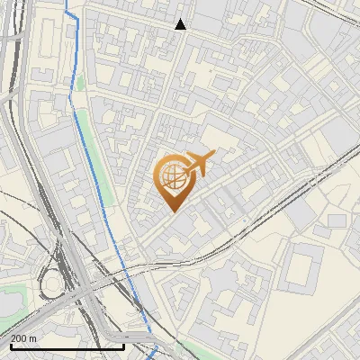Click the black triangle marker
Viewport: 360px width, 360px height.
(181, 24)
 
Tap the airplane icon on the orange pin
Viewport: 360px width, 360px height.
(199, 163)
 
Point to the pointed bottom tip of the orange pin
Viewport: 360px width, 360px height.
(172, 212)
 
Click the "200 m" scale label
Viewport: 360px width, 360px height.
(23, 338)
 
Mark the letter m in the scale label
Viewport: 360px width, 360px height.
(32, 338)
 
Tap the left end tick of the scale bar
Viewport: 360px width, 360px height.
(12, 346)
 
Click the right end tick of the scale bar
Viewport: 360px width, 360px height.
(123, 346)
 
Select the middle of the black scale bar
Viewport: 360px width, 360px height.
(67, 346)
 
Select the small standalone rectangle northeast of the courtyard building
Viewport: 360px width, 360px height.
(336, 220)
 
